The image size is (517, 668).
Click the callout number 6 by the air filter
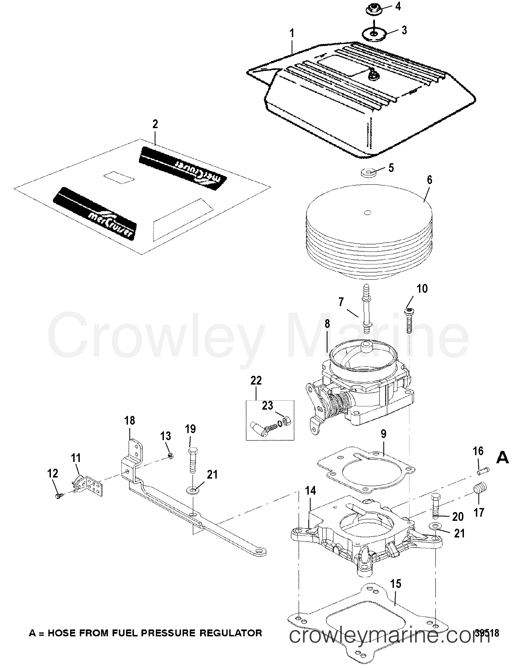pyautogui.click(x=429, y=180)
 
